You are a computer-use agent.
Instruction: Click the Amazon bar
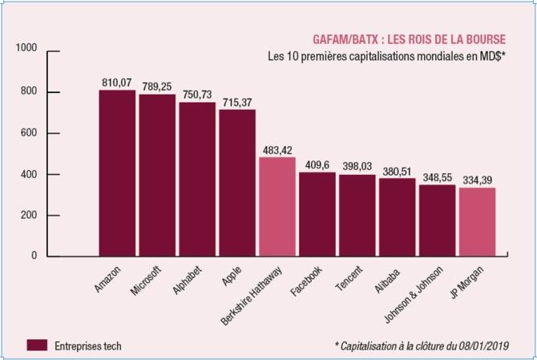click(x=117, y=173)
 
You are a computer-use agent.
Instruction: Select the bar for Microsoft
click(x=157, y=175)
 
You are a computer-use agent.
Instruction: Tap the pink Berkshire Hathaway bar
click(x=277, y=207)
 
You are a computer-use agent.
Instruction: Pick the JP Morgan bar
click(x=478, y=222)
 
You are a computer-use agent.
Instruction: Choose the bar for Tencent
click(x=357, y=216)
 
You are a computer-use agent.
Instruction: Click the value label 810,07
click(x=117, y=83)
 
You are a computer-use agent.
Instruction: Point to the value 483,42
click(x=277, y=150)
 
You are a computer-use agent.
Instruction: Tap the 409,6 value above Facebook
click(x=317, y=165)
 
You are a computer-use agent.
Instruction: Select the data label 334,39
click(x=478, y=180)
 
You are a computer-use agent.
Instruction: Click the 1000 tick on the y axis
click(x=26, y=48)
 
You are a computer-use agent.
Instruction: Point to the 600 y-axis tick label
click(x=29, y=133)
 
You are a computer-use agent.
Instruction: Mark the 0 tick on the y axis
click(x=34, y=256)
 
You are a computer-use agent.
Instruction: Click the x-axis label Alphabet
click(x=187, y=280)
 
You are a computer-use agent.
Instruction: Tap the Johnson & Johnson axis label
click(x=414, y=294)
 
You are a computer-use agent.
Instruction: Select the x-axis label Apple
click(x=232, y=276)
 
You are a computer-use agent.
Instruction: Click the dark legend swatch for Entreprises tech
click(x=37, y=346)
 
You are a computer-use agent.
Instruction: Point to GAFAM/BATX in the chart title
click(x=345, y=40)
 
